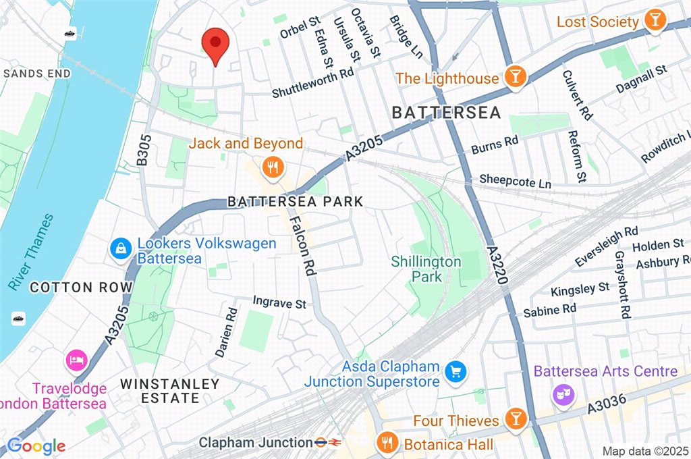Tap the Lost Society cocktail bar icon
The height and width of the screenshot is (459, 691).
pyautogui.click(x=653, y=21)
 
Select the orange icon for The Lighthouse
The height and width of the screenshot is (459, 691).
pyautogui.click(x=515, y=77)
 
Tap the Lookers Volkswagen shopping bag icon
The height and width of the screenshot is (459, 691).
pyautogui.click(x=120, y=249)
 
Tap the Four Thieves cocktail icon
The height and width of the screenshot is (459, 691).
pyautogui.click(x=516, y=420)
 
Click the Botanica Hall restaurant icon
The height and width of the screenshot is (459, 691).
pyautogui.click(x=387, y=443)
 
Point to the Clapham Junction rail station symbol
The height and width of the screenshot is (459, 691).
pyautogui.click(x=328, y=443)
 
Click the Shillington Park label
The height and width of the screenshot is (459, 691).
pyautogui.click(x=426, y=269)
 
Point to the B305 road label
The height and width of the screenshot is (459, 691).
pyautogui.click(x=143, y=150)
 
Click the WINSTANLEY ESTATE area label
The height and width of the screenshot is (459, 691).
pyautogui.click(x=169, y=391)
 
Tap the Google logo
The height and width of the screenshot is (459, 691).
pyautogui.click(x=36, y=446)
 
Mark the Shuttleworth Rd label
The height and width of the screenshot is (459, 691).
pyautogui.click(x=312, y=84)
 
